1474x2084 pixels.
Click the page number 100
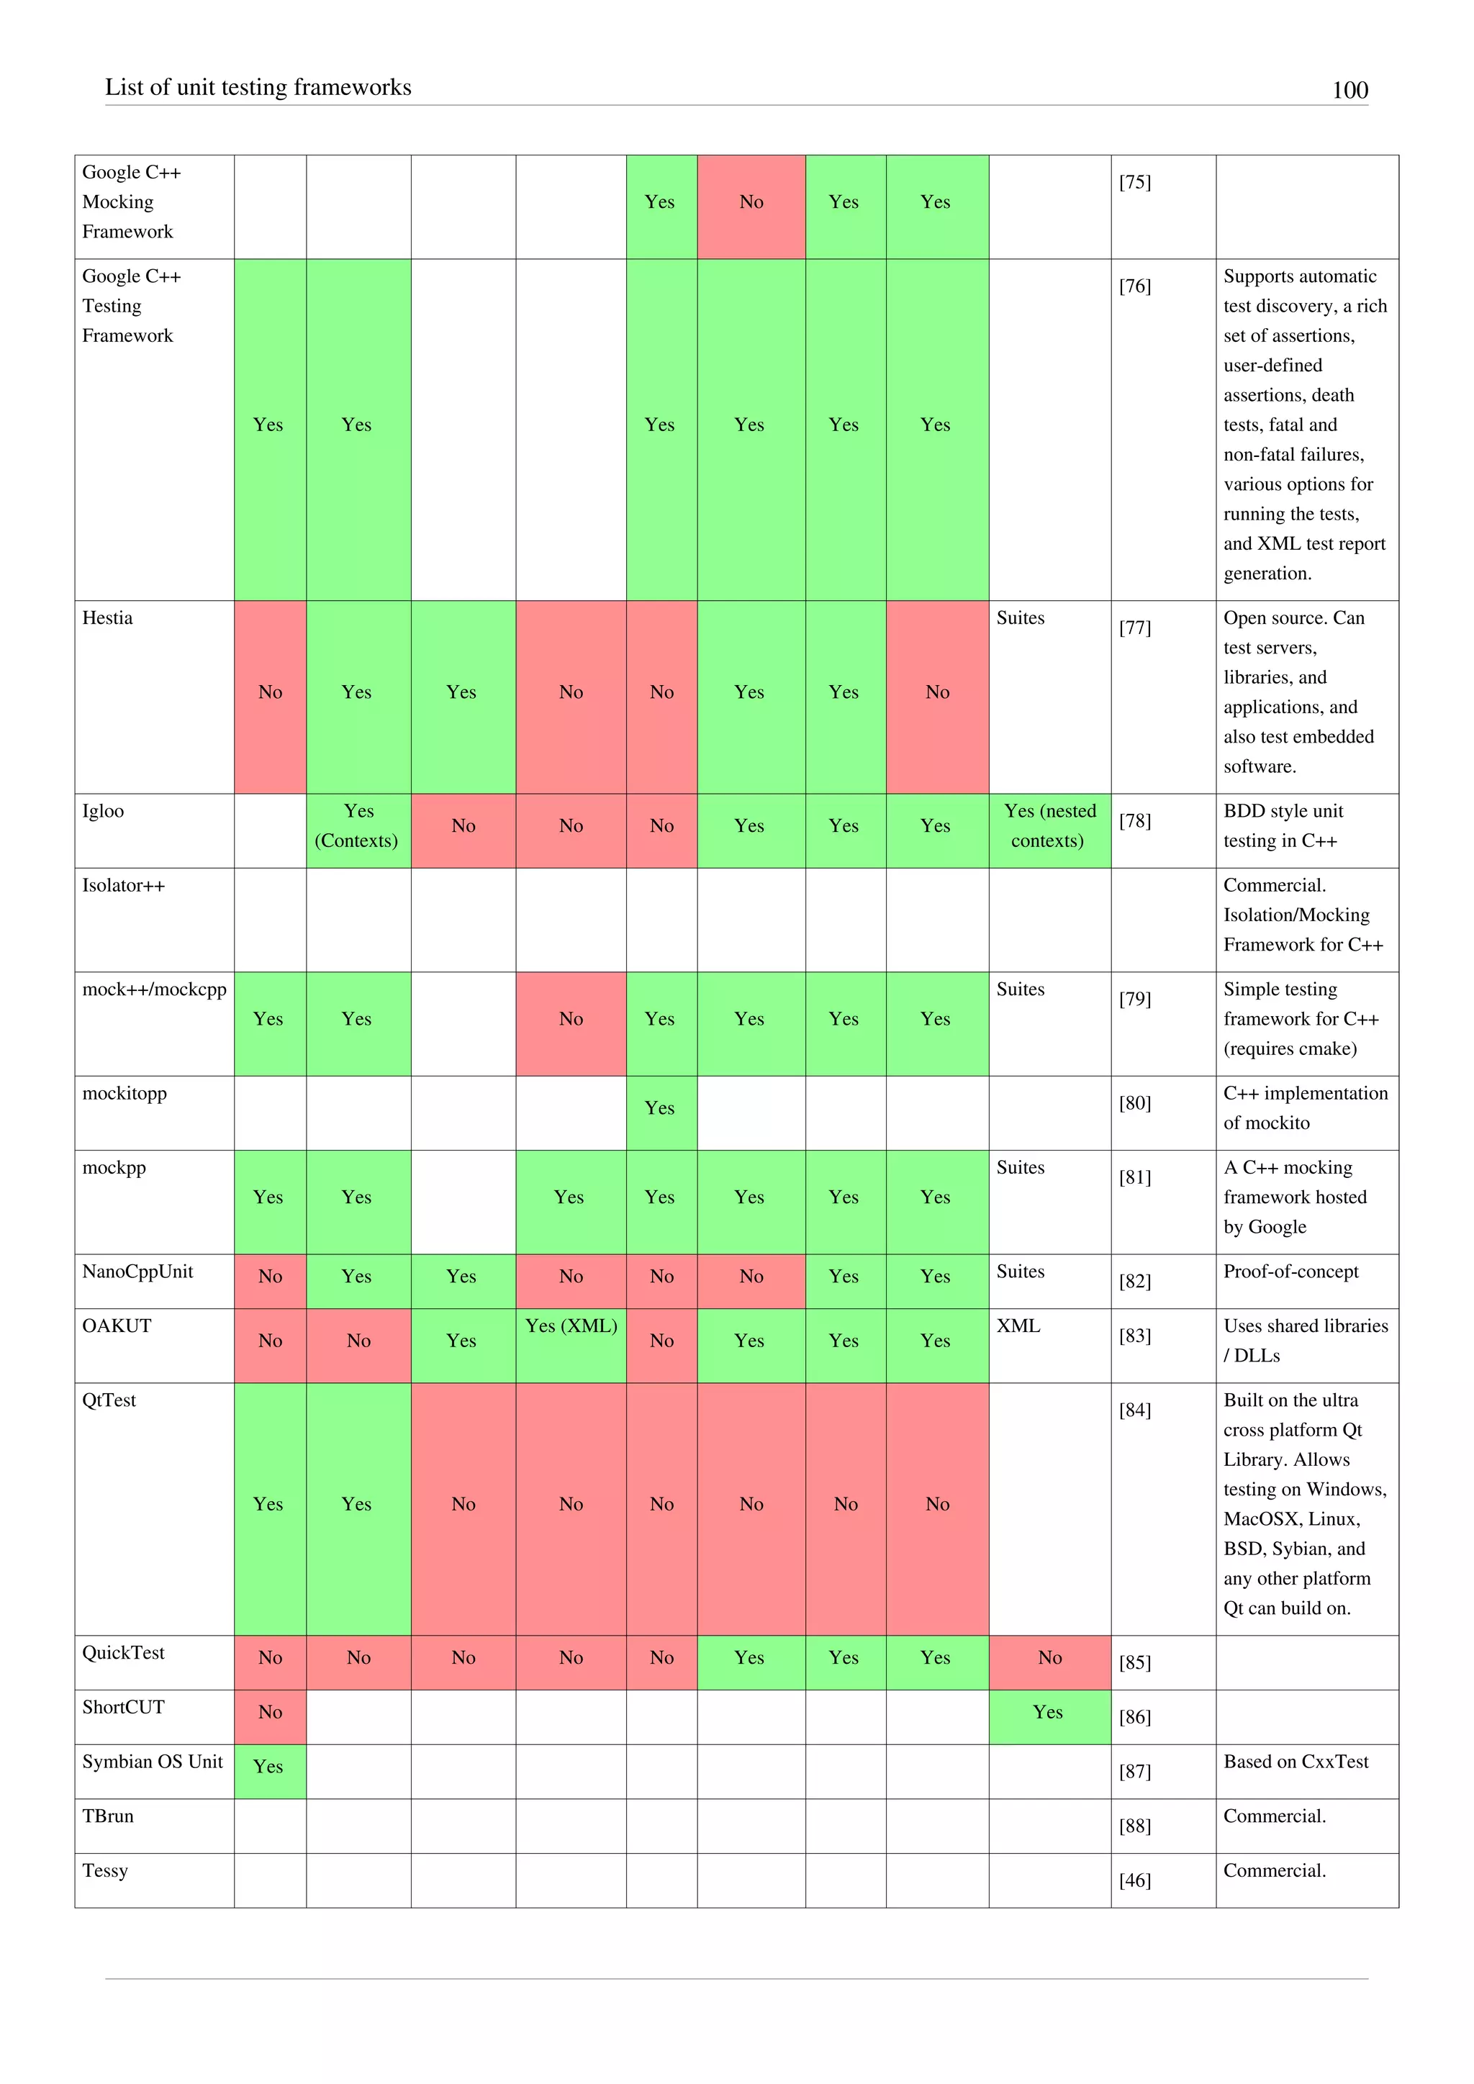1349,90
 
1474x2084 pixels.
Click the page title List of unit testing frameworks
258,87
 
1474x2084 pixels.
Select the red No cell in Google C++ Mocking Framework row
751,202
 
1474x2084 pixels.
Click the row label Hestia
107,618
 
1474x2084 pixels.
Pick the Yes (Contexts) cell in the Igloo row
357,826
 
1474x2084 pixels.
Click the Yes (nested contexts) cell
1049,826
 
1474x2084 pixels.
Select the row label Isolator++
124,886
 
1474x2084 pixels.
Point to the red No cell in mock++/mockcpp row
570,1019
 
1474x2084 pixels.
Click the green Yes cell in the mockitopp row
660,1108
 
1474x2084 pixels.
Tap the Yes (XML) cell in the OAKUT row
570,1326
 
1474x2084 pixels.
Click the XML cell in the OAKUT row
1018,1326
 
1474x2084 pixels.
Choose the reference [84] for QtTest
1134,1410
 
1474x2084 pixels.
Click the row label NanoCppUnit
137,1272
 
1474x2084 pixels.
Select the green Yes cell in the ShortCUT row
1049,1712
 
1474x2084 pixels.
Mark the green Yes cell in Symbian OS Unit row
268,1767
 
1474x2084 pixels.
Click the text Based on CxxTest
1296,1762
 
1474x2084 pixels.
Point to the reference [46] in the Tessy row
1134,1880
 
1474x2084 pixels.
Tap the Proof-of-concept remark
1290,1272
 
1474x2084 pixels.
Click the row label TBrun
107,1816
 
